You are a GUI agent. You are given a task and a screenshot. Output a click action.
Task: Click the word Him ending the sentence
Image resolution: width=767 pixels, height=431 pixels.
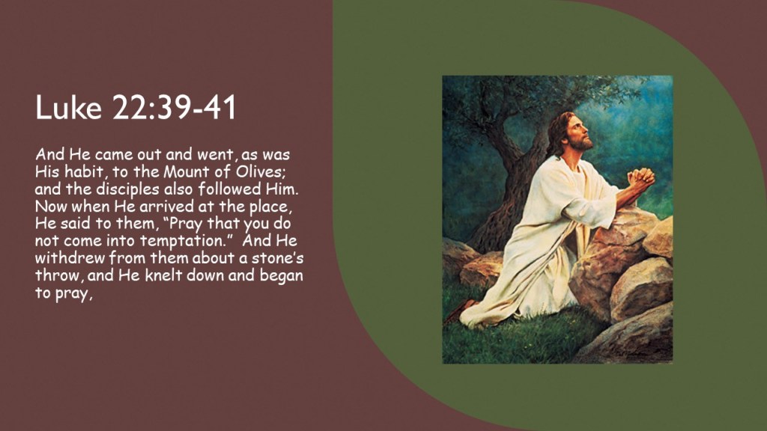[282, 189]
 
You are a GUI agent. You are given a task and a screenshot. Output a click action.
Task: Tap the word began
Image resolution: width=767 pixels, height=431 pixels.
[282, 276]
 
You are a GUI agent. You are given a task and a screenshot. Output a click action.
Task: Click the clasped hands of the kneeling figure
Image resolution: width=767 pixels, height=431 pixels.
[641, 178]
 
